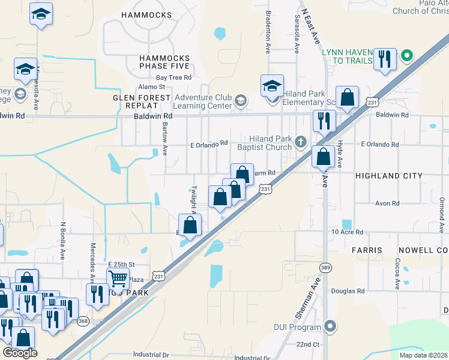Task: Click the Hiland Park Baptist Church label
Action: click(x=264, y=143)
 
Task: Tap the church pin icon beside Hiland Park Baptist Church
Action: click(x=301, y=142)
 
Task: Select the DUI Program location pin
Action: click(x=330, y=327)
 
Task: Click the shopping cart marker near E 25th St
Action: click(x=118, y=278)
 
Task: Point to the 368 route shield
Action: click(x=83, y=321)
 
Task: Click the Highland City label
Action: click(x=388, y=176)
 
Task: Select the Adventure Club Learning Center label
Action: click(x=203, y=101)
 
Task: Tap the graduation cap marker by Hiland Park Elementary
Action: click(x=272, y=85)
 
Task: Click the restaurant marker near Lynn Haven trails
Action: click(x=384, y=59)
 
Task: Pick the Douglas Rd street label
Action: click(x=348, y=291)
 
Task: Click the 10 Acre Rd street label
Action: click(x=348, y=232)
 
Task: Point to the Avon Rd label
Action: click(x=387, y=203)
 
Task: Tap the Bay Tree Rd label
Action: click(x=173, y=77)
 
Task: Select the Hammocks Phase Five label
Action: click(x=164, y=62)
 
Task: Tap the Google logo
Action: click(x=20, y=353)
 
